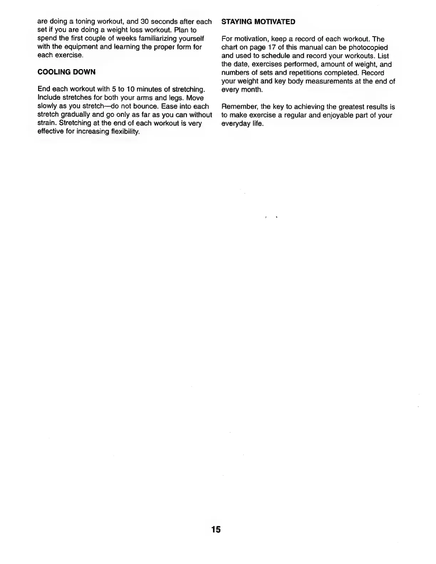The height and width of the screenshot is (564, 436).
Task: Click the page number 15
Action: click(216, 529)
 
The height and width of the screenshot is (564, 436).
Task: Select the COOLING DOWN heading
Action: click(66, 72)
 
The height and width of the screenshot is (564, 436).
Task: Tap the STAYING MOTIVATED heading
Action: click(258, 22)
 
